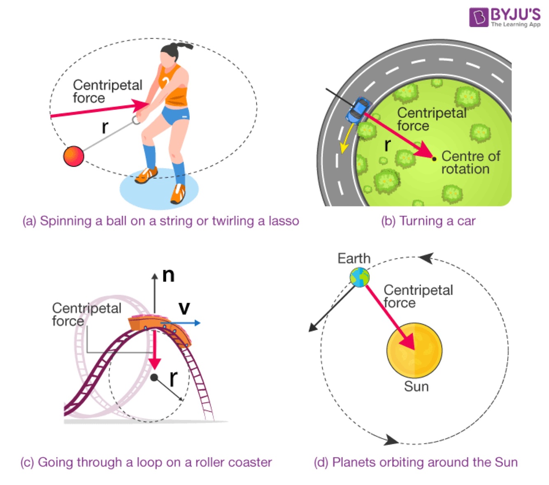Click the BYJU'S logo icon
[479, 17]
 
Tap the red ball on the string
[74, 156]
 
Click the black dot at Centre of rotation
[434, 159]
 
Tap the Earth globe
[360, 277]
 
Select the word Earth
[354, 258]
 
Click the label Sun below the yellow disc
[416, 387]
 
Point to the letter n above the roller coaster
[168, 275]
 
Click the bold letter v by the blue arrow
[184, 307]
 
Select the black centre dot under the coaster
[154, 377]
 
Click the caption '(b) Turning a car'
[428, 221]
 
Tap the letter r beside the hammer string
[105, 128]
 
